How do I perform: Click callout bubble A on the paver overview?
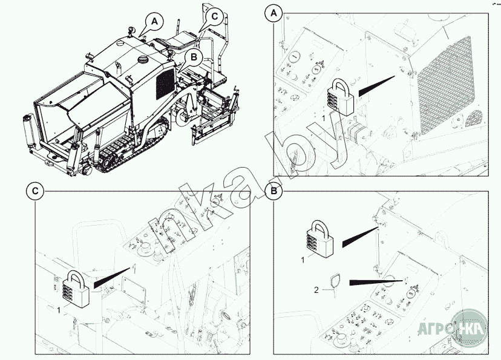[x=156, y=21]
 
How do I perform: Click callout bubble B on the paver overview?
[x=193, y=57]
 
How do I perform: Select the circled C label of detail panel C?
[x=35, y=192]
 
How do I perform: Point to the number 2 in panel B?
[x=316, y=290]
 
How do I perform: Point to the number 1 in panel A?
[x=324, y=119]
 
